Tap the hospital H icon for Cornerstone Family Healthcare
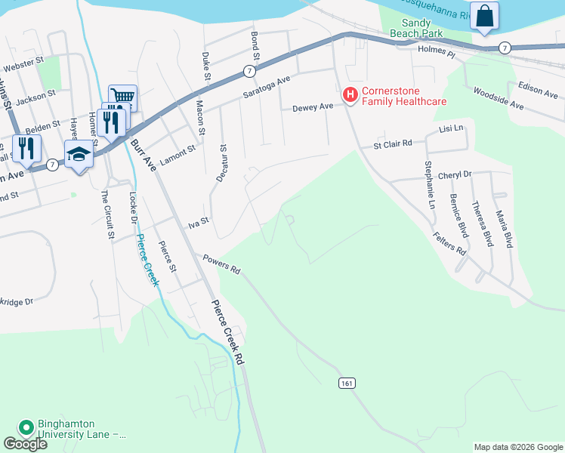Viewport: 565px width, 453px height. (x=350, y=95)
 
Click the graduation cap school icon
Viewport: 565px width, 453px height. (x=79, y=154)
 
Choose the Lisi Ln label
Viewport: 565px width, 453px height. (x=452, y=130)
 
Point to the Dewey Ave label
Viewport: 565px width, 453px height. (x=313, y=108)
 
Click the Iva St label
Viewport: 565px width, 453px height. (x=198, y=223)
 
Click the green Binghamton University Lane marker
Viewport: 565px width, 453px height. (x=26, y=428)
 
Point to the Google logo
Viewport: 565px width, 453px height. (x=26, y=443)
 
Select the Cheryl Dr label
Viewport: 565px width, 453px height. (x=454, y=174)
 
